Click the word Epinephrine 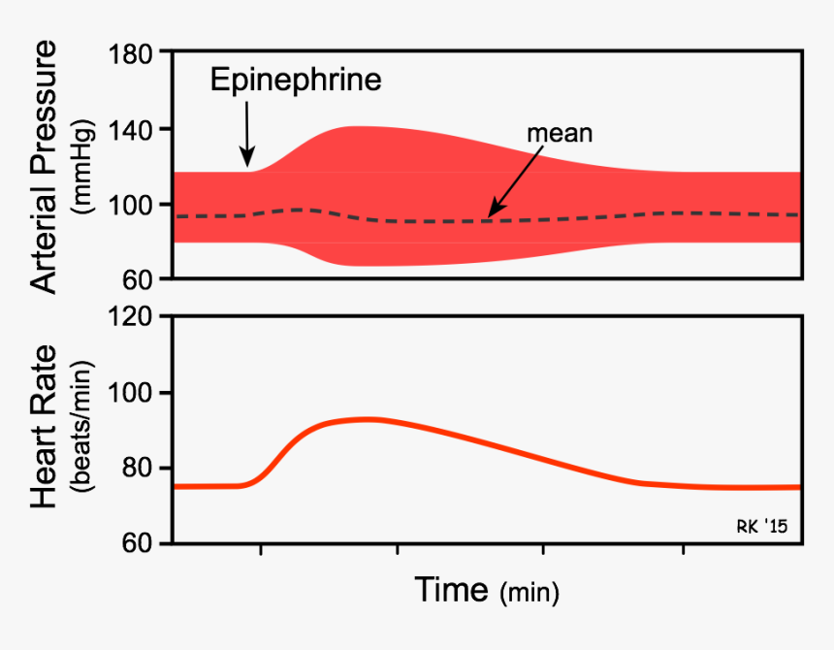(296, 80)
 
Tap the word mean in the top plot (560, 133)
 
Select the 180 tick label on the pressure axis (136, 53)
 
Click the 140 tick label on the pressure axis (136, 129)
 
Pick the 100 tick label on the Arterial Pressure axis (136, 205)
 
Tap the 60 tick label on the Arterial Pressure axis (144, 279)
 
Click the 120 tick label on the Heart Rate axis (136, 317)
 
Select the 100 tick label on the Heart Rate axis (136, 393)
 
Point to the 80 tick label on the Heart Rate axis (144, 469)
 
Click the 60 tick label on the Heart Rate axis (144, 543)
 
